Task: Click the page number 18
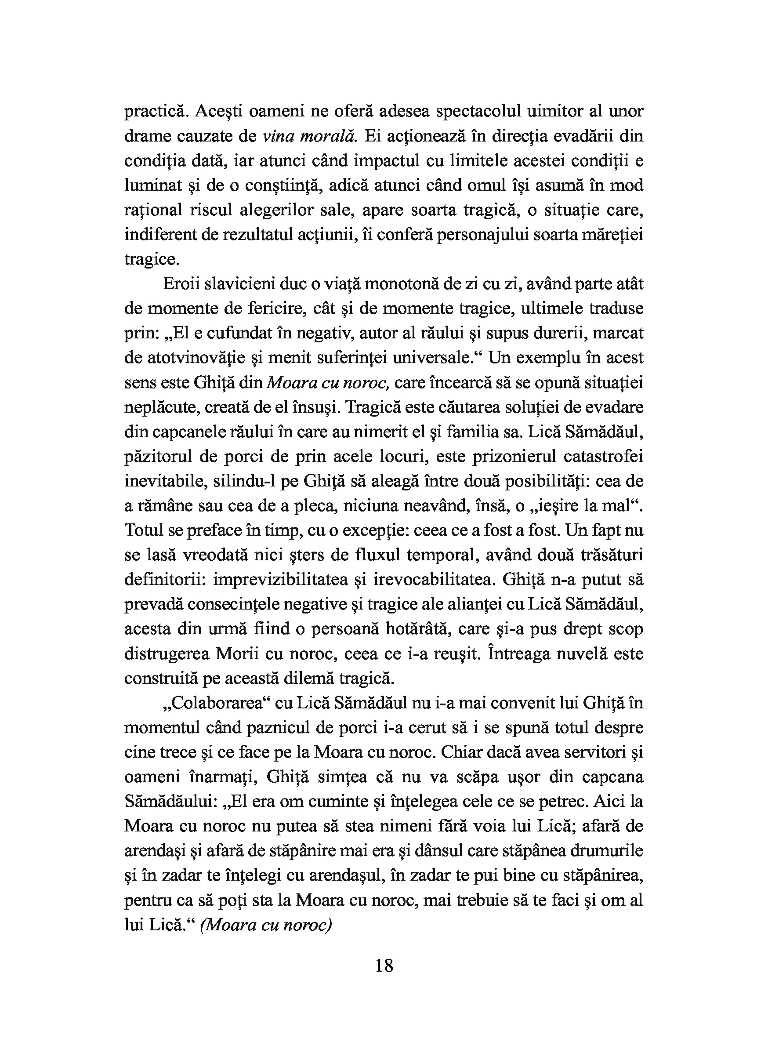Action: coord(384,966)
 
